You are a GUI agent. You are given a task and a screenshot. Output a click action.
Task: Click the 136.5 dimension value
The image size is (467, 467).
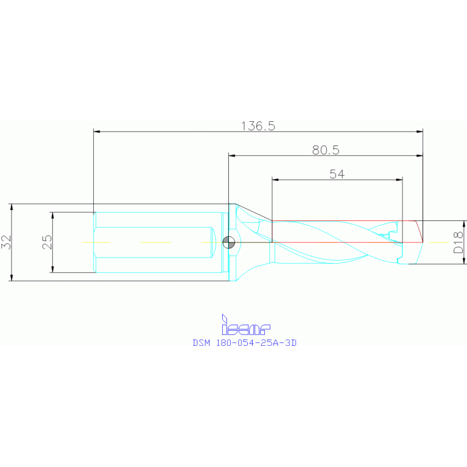point(259,126)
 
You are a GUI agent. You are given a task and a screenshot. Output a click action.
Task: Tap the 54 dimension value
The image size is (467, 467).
point(337,174)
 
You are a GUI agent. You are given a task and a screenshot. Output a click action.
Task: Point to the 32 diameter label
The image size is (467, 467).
point(6,242)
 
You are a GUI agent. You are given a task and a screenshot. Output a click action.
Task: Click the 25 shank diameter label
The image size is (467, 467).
point(47,242)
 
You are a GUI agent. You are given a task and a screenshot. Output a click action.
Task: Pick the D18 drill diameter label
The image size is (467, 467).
point(458,242)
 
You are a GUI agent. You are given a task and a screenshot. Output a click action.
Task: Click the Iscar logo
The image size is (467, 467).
point(245,326)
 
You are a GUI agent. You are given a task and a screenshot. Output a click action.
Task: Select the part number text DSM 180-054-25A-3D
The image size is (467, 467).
point(245,343)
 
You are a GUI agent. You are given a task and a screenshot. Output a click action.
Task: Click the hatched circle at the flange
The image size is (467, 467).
point(229,242)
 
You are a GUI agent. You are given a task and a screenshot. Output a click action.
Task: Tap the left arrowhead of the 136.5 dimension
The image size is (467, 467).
point(96,132)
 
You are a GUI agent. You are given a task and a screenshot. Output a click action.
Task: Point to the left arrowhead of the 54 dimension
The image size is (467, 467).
point(275,180)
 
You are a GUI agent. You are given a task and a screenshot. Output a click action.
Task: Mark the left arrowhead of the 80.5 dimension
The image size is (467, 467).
point(232,155)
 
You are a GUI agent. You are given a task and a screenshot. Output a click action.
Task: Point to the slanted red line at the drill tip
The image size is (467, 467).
point(419,231)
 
